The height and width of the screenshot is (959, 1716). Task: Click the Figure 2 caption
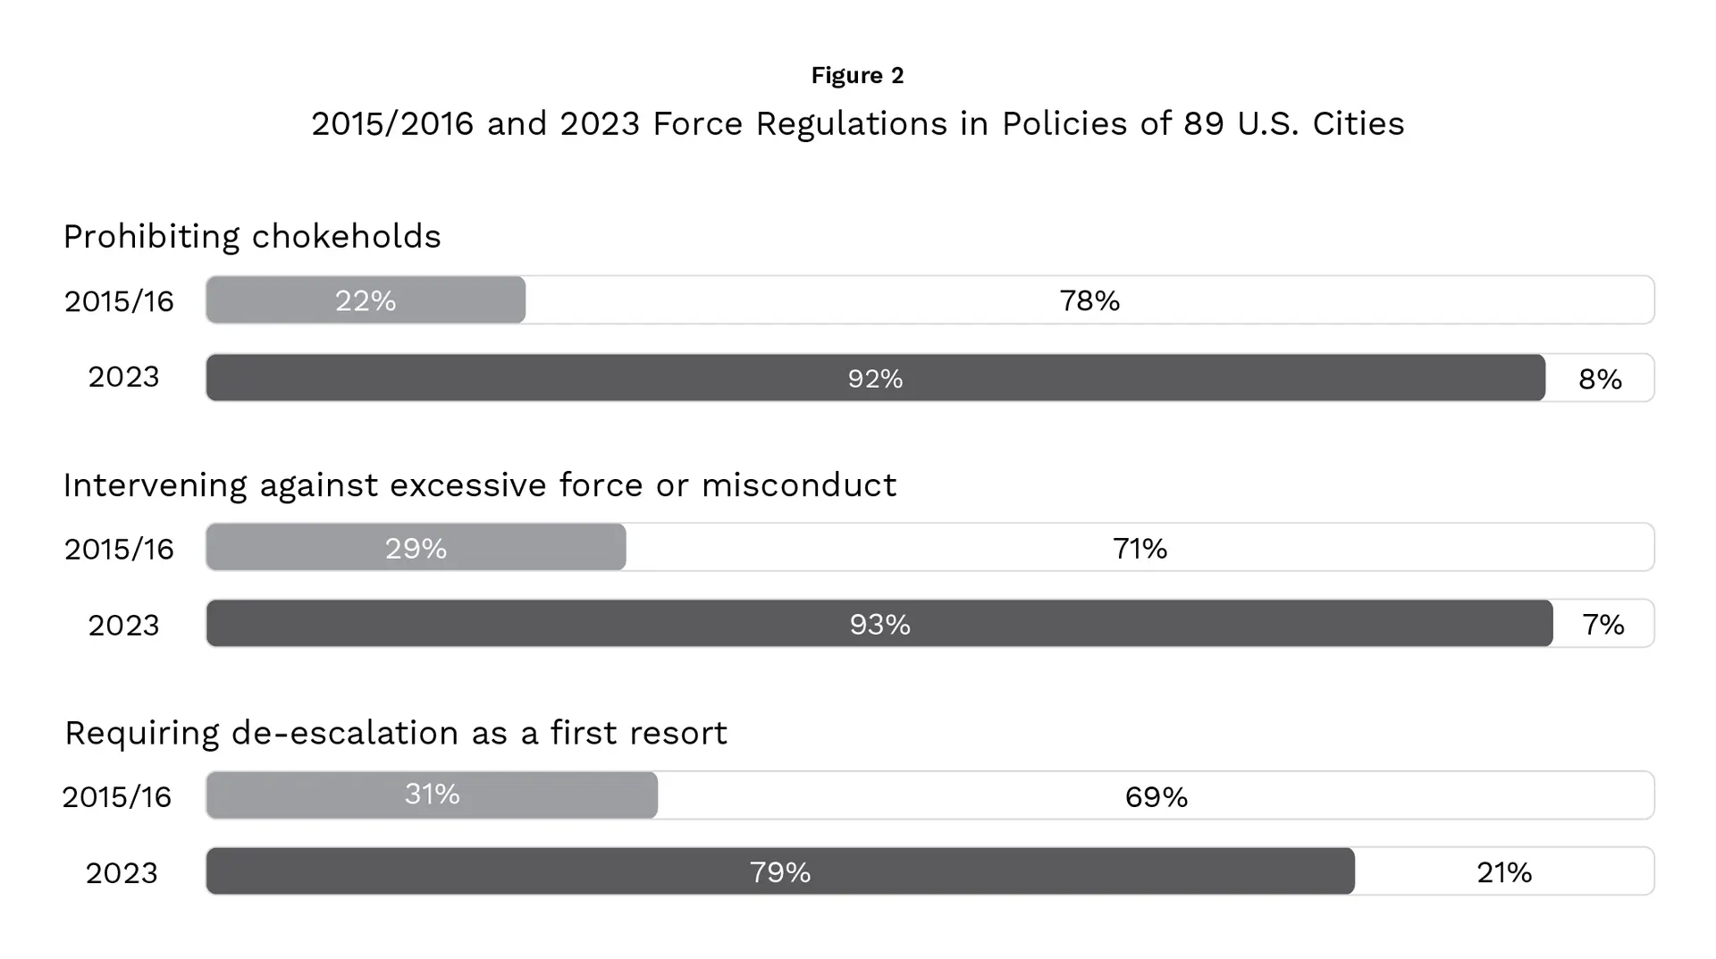point(857,75)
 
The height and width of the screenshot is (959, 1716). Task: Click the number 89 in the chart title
point(1203,123)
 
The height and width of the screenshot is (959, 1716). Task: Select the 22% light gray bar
point(366,300)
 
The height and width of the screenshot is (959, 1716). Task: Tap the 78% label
point(1089,301)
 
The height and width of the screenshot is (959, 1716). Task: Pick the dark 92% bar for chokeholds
point(875,378)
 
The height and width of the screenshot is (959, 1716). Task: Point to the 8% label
point(1600,379)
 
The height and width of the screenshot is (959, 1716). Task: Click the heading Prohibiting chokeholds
point(252,237)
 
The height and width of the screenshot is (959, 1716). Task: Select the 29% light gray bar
point(416,548)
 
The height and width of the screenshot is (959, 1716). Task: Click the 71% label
point(1140,549)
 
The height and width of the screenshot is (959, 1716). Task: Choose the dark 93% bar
point(879,624)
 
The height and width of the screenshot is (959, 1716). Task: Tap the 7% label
point(1602,625)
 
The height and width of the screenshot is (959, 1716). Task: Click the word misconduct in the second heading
point(798,485)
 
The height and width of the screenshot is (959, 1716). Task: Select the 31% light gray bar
point(432,795)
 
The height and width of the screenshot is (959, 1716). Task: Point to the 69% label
point(1156,796)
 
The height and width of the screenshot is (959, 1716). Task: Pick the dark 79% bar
point(779,871)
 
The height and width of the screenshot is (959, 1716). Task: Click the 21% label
point(1503,872)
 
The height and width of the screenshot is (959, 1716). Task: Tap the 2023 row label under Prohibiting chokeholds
point(123,377)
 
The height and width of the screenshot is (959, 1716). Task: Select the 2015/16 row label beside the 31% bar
point(116,796)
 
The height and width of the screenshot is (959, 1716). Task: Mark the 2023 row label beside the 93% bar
point(123,625)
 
